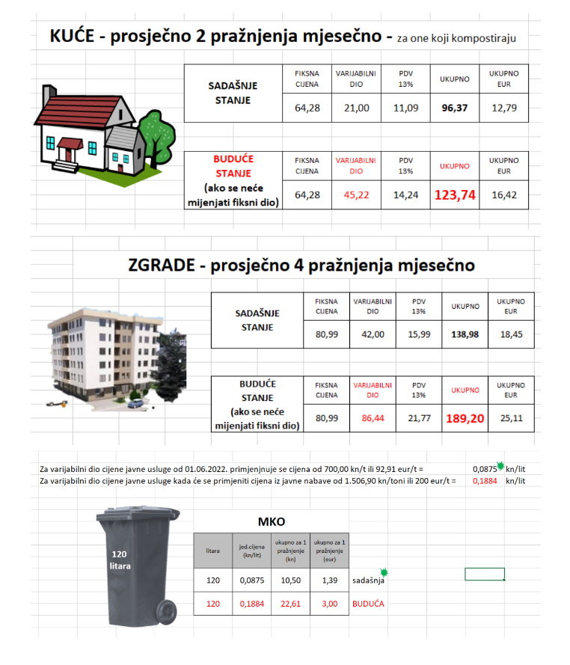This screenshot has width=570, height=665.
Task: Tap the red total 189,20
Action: [x=465, y=419]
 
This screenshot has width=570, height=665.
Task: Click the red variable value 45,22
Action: [x=356, y=195]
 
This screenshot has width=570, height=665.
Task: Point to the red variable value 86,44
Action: [x=373, y=419]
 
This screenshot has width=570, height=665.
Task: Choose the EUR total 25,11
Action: [x=512, y=419]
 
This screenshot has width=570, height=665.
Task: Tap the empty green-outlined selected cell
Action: [x=484, y=574]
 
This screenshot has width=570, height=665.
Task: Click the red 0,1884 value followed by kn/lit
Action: [x=485, y=481]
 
